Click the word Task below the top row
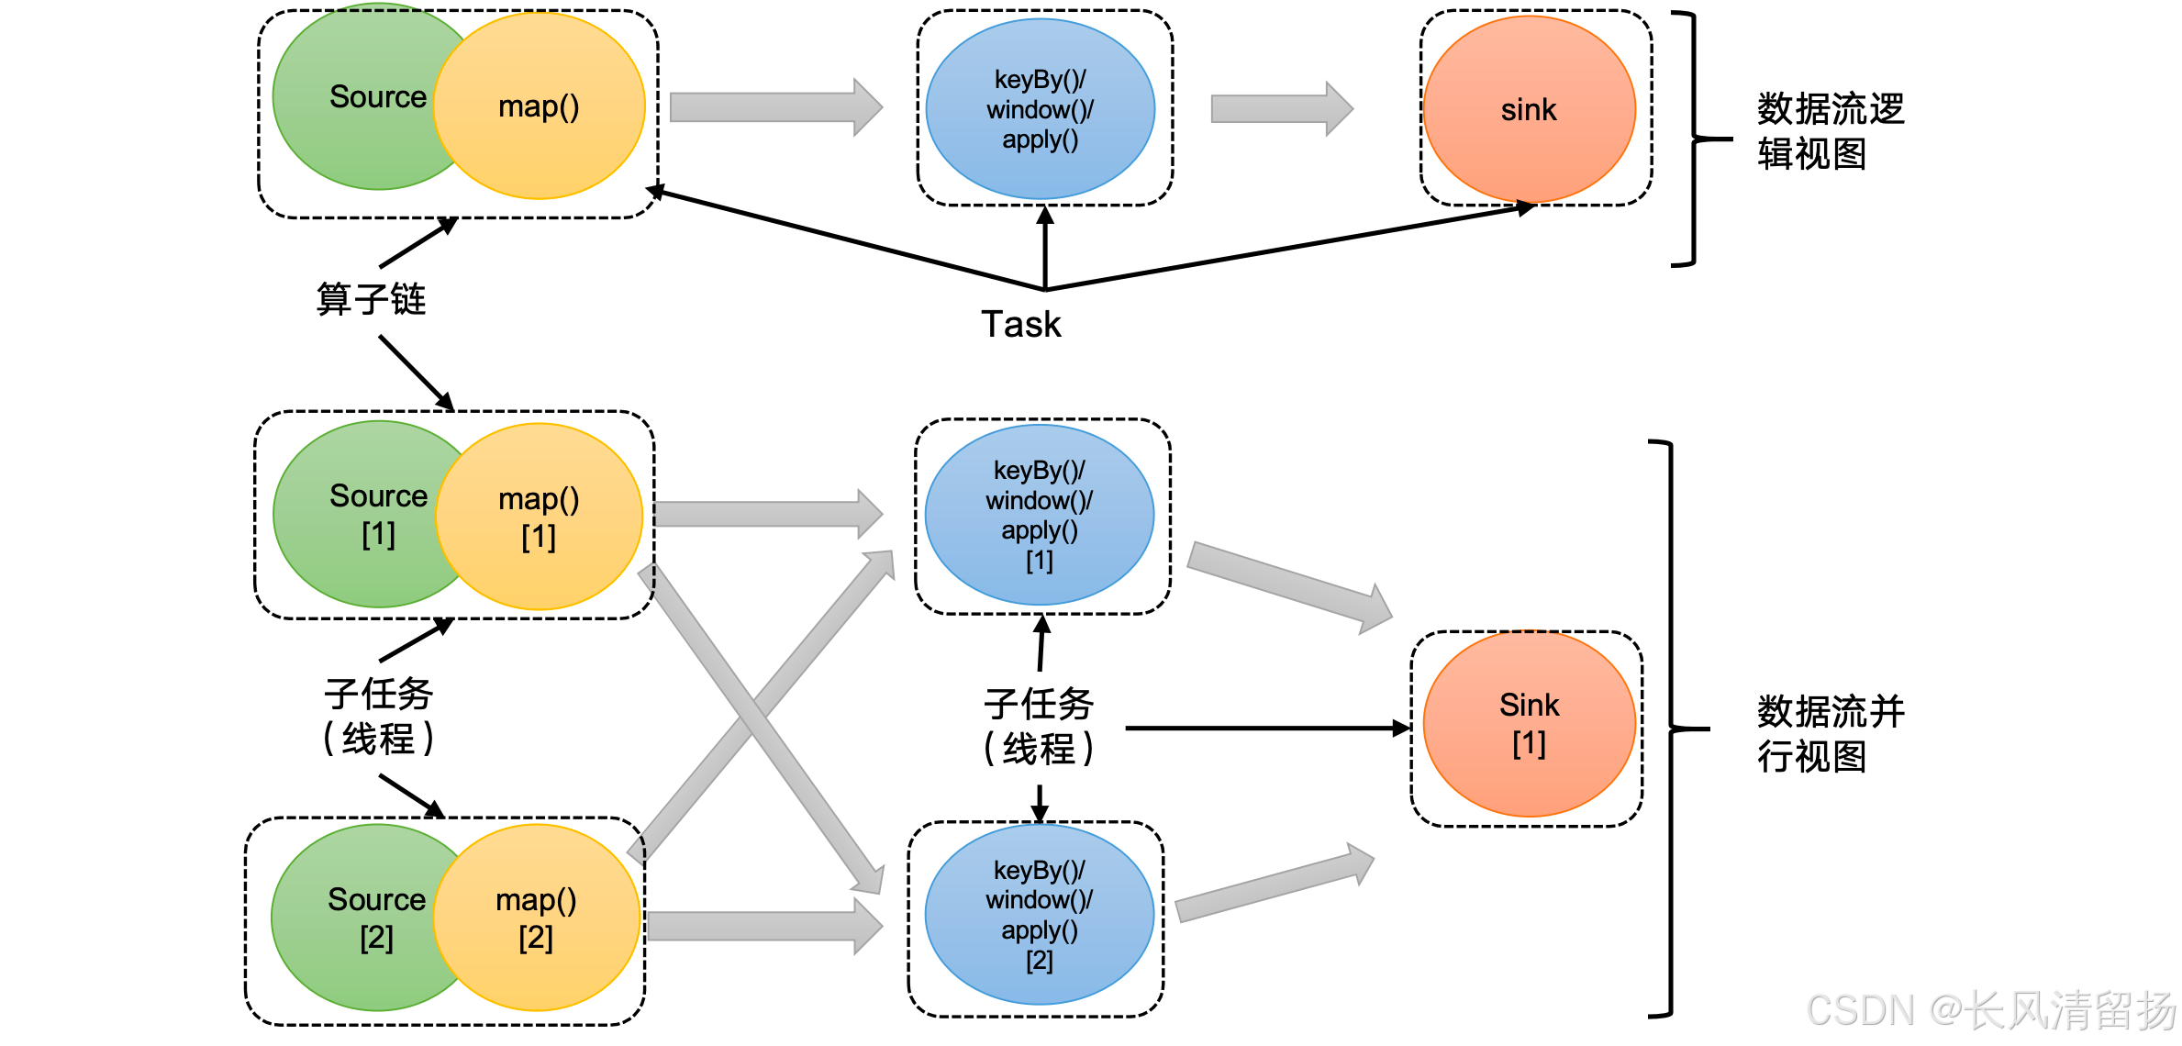click(x=1020, y=324)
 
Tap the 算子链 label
click(x=371, y=299)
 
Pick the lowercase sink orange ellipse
click(x=1529, y=109)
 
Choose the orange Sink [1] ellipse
click(x=1529, y=723)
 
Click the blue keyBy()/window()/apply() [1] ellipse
click(x=1039, y=515)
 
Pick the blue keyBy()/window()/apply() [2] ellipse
click(x=1039, y=915)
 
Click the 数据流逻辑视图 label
click(x=1830, y=131)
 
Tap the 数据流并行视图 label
click(x=1830, y=734)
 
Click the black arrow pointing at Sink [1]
click(x=1266, y=729)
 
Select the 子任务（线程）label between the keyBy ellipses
click(x=1039, y=727)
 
